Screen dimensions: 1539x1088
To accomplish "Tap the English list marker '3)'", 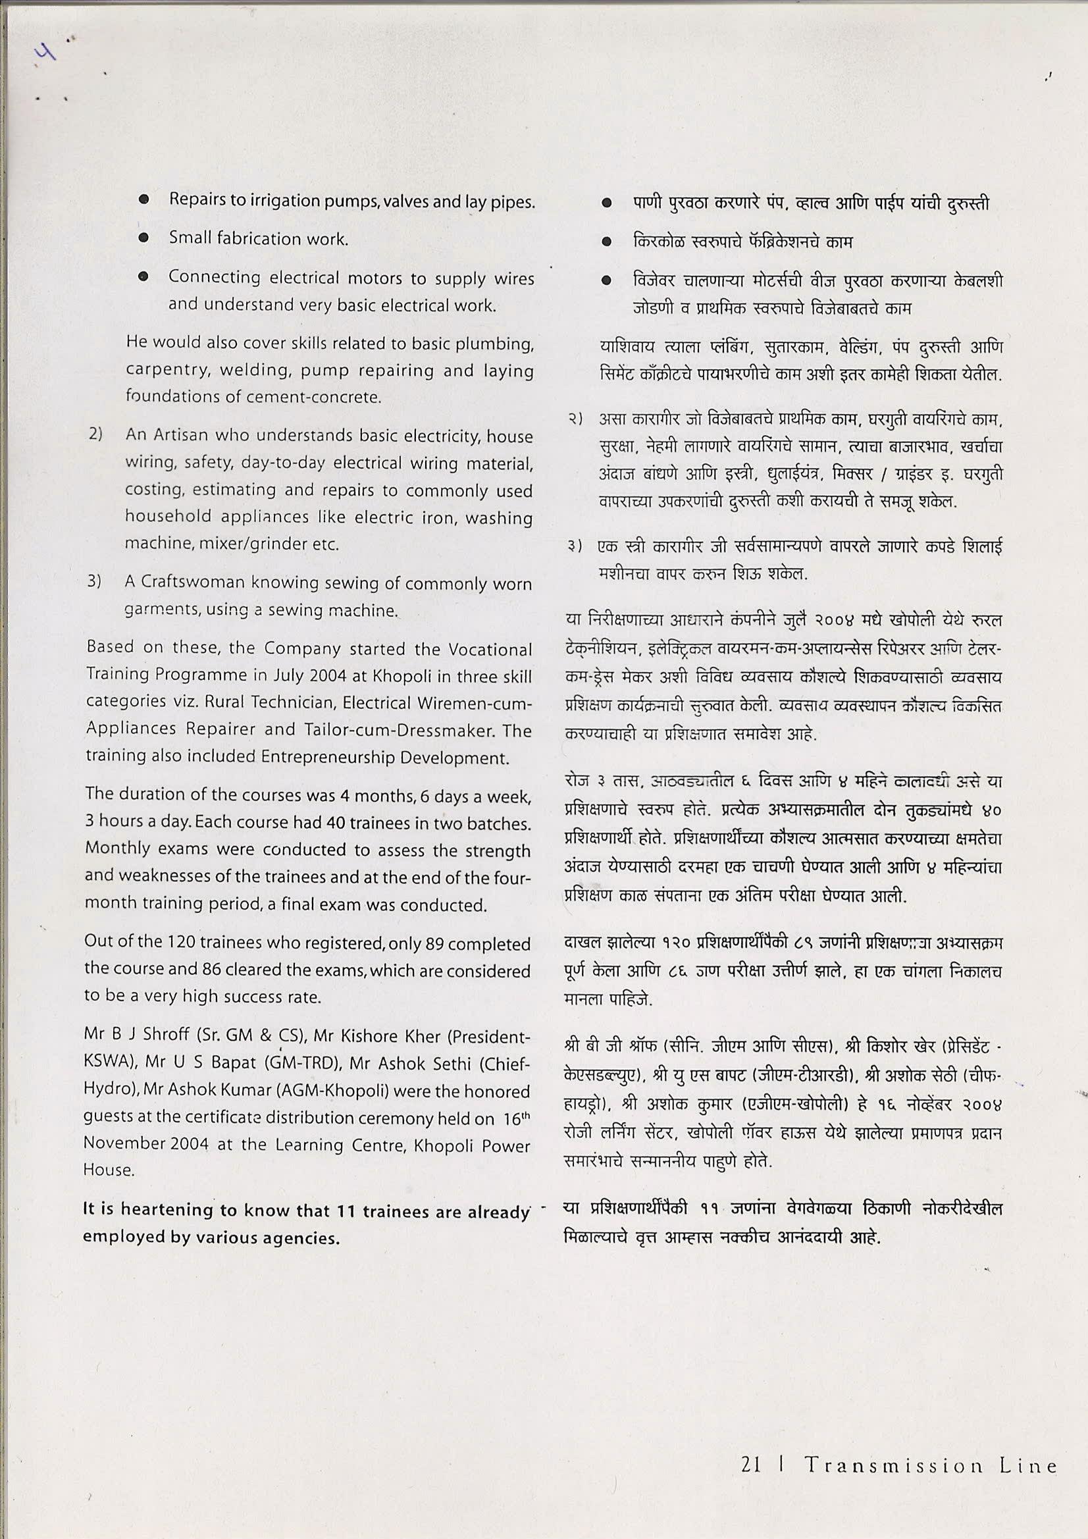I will click(x=95, y=583).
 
